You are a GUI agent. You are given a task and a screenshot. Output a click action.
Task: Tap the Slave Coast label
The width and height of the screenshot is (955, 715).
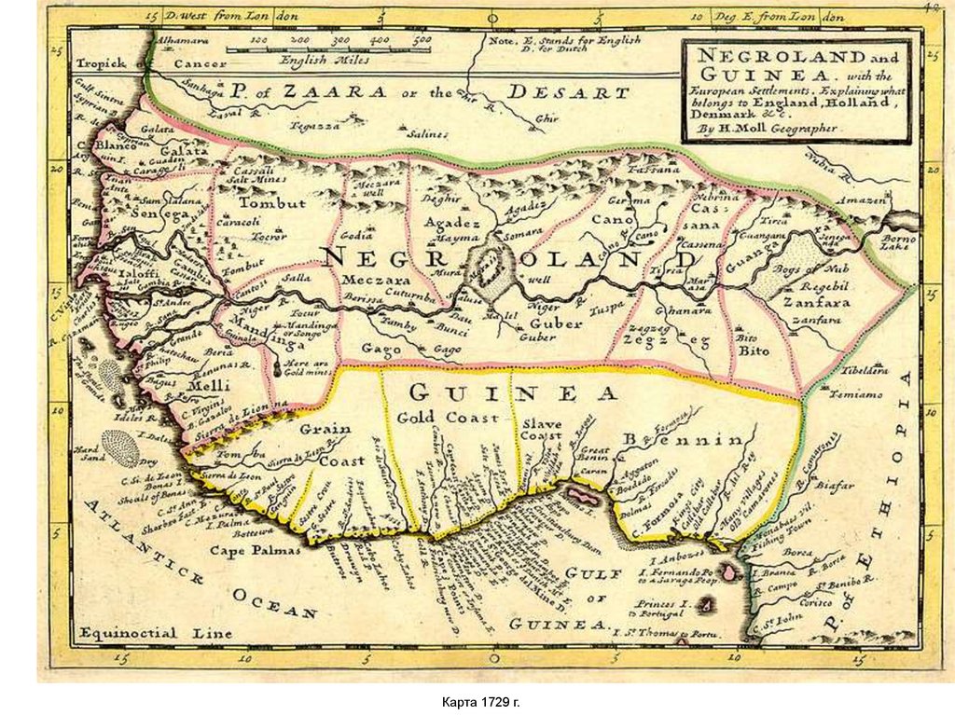tap(541, 429)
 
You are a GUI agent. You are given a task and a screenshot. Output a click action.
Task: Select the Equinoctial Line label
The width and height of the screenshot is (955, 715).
tap(155, 633)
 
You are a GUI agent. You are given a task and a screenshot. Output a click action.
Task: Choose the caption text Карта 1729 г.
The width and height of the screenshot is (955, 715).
tap(477, 699)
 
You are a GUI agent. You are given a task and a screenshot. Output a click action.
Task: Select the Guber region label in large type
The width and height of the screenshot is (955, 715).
tap(556, 323)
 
